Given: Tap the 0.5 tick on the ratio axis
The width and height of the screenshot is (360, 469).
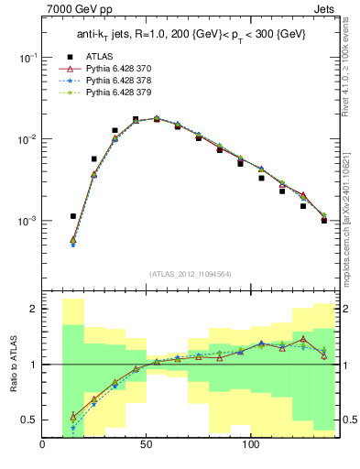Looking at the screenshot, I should click(x=29, y=420).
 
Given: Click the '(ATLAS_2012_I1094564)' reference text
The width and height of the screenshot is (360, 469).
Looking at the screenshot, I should click(x=190, y=272).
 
